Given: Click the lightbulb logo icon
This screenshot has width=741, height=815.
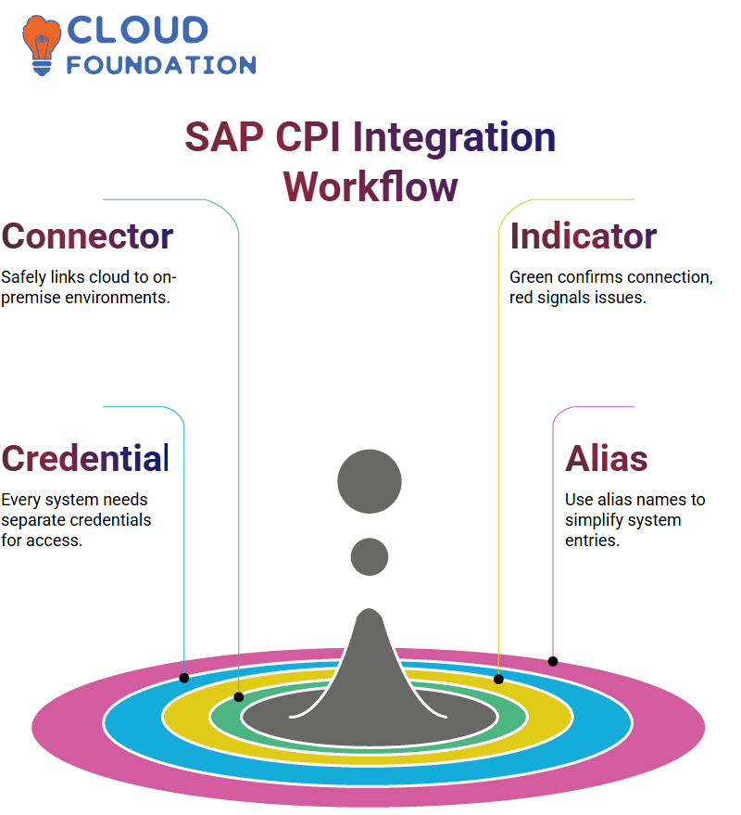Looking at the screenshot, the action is click(x=41, y=45).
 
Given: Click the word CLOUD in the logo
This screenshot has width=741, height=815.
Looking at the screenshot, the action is click(x=138, y=30).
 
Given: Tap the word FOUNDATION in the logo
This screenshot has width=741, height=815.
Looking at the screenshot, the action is click(x=161, y=65).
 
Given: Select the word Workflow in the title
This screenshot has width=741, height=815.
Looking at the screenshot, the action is click(x=370, y=186).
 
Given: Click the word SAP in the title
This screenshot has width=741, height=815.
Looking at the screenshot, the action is click(x=224, y=137).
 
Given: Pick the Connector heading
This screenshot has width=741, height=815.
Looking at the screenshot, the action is click(x=87, y=236).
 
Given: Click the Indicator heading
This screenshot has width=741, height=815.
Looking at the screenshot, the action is click(x=584, y=236).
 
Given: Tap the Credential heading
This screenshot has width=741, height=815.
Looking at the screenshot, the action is click(x=85, y=458).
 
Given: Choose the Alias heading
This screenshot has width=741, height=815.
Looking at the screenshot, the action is click(x=607, y=458).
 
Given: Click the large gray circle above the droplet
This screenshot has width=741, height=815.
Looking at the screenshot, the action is click(x=370, y=481).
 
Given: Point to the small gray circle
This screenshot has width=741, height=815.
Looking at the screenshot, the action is click(x=370, y=556).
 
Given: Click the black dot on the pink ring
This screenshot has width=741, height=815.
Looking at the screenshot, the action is click(x=553, y=662).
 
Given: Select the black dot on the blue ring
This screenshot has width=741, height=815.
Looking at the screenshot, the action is click(x=183, y=678).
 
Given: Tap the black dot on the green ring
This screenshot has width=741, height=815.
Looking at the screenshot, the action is click(x=239, y=697).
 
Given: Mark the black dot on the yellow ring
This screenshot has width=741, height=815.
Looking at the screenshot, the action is click(x=498, y=679).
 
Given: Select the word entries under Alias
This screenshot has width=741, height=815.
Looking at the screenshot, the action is click(x=593, y=541).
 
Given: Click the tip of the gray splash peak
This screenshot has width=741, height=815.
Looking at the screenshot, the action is click(x=370, y=608).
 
